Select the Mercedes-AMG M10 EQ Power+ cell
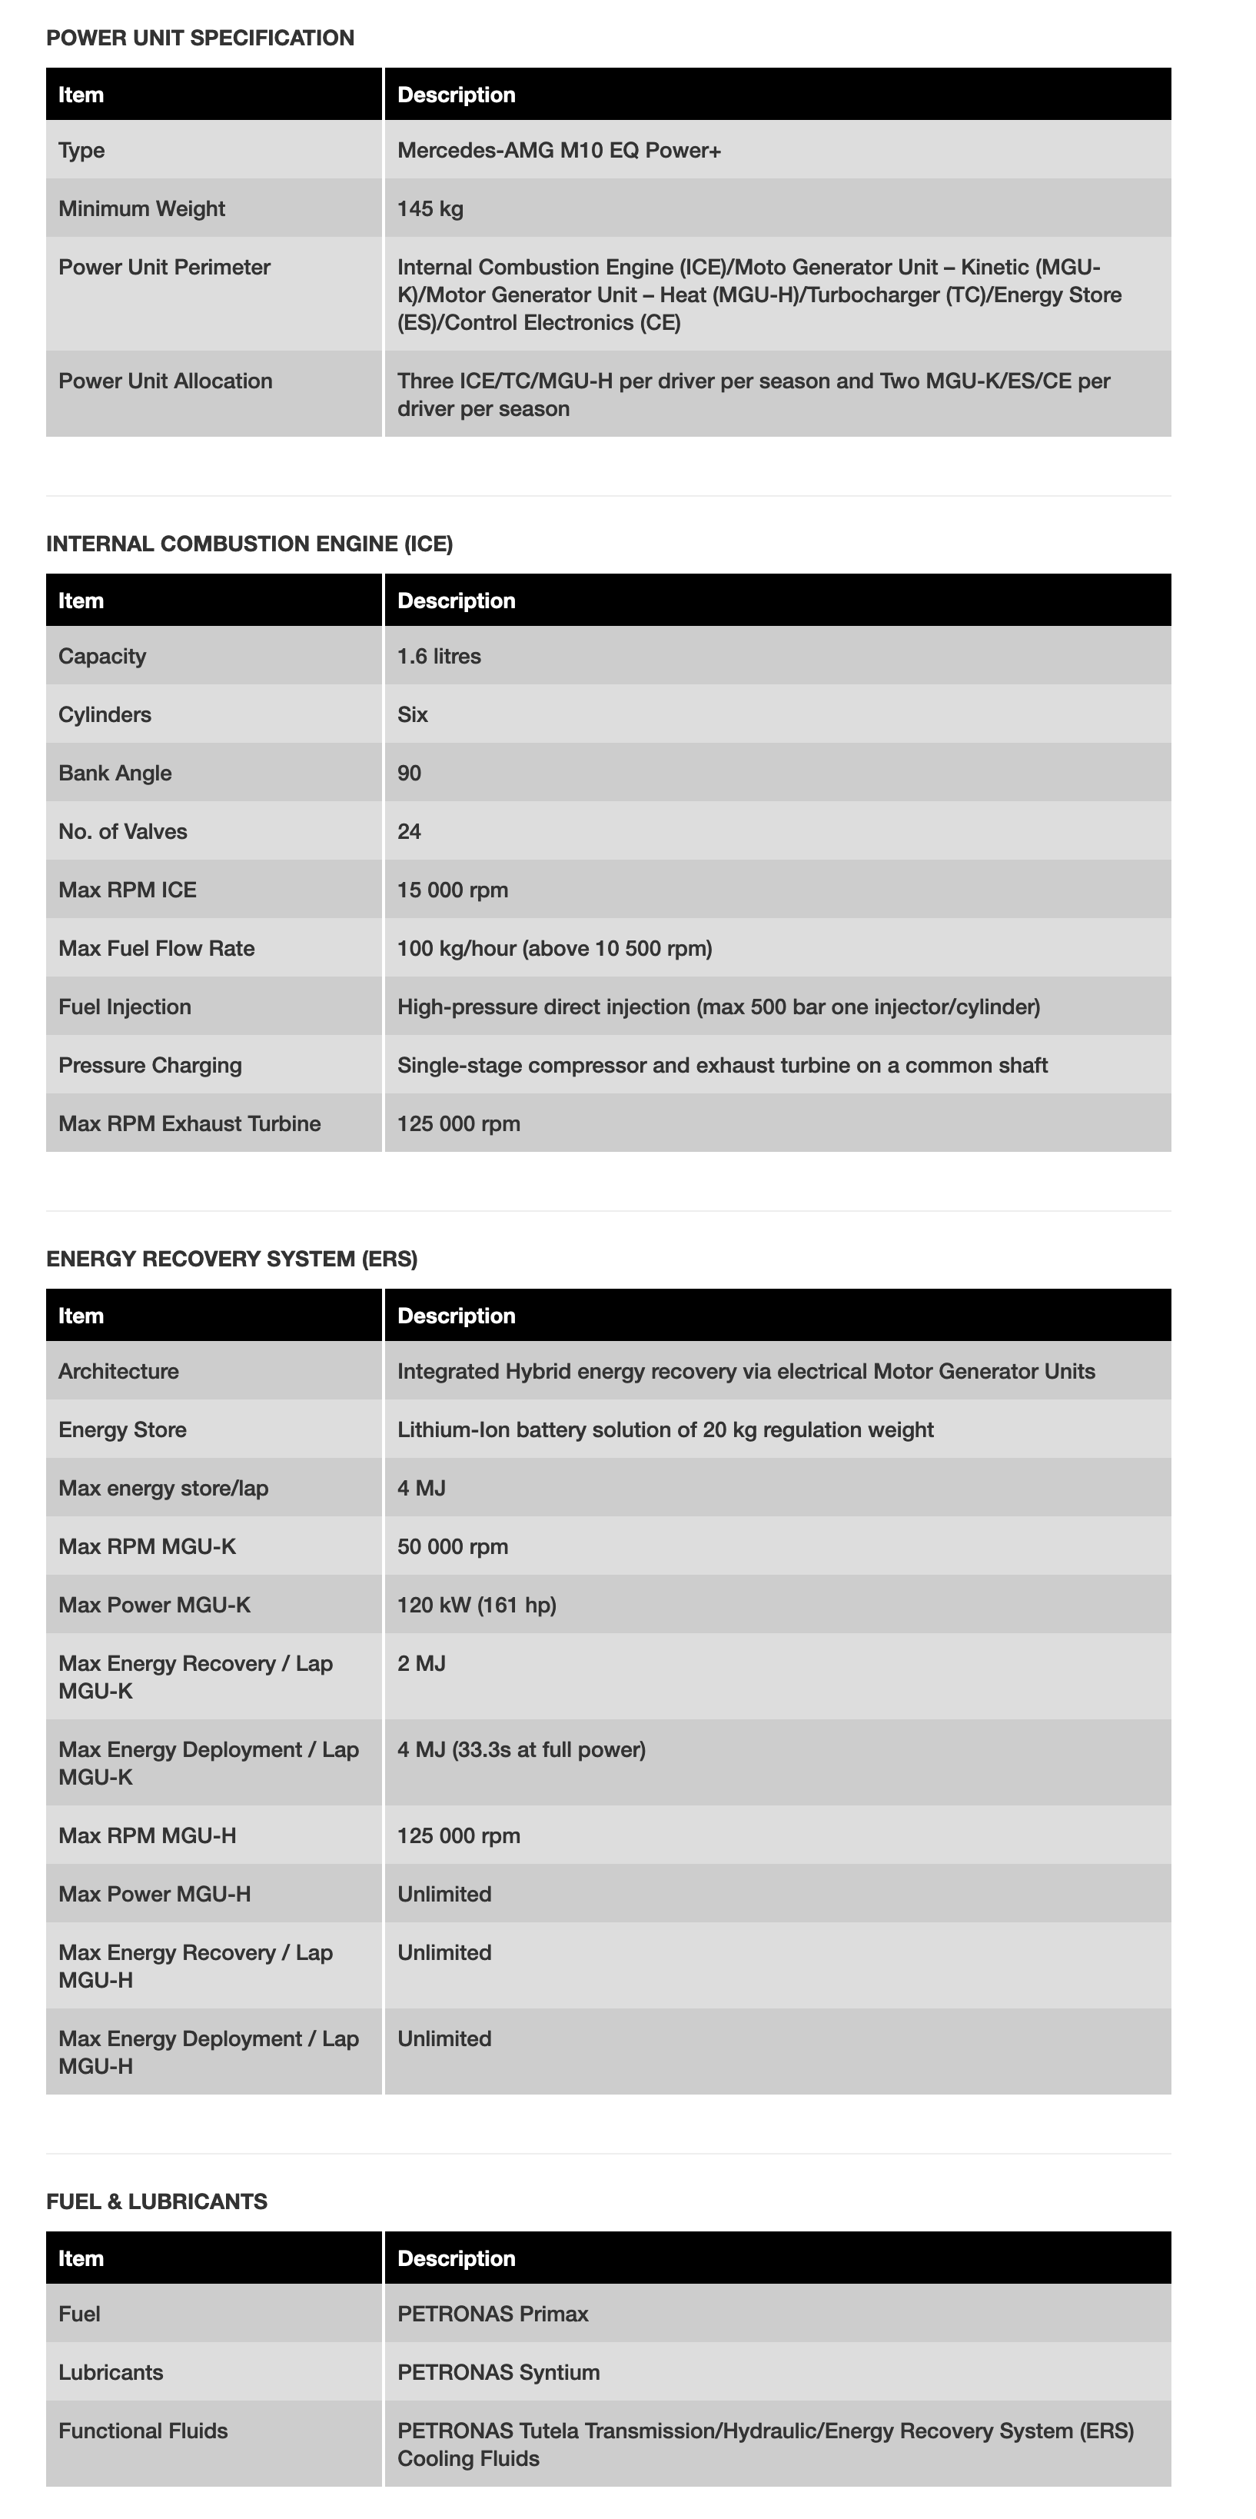coord(559,151)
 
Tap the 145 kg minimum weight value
coord(430,209)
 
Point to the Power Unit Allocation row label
coord(165,381)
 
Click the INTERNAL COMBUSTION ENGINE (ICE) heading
coord(249,544)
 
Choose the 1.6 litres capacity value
coord(439,656)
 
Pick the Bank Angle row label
coord(115,774)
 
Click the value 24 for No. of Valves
coord(409,832)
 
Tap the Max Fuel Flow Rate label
coord(156,949)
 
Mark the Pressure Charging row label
coord(150,1066)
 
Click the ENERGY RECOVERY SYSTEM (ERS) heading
coord(231,1259)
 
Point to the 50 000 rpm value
coord(453,1547)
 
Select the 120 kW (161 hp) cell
coord(476,1606)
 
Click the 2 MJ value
coord(421,1664)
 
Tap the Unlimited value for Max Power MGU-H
coord(444,1895)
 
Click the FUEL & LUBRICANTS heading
coord(156,2201)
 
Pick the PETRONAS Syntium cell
coord(499,2372)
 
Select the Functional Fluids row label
coord(143,2431)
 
